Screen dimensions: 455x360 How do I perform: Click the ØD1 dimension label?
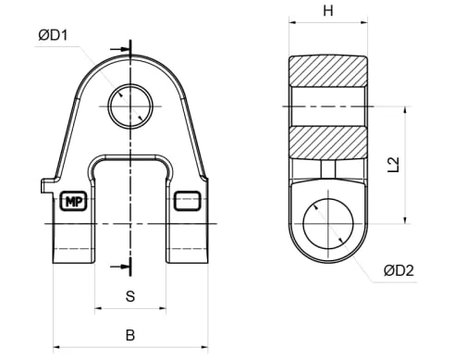[53, 35]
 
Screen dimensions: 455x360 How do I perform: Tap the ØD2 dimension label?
[399, 270]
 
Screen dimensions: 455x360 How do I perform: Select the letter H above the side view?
[328, 11]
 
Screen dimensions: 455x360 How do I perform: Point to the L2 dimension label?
[394, 165]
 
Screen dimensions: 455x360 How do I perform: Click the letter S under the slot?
[130, 296]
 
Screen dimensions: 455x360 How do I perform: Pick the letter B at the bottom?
[130, 335]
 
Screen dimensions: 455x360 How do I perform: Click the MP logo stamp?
[74, 202]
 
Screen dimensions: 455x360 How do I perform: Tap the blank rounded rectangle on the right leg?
[187, 201]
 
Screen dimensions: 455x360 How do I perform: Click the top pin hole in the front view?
[130, 106]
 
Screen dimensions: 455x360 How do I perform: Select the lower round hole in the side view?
[328, 224]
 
